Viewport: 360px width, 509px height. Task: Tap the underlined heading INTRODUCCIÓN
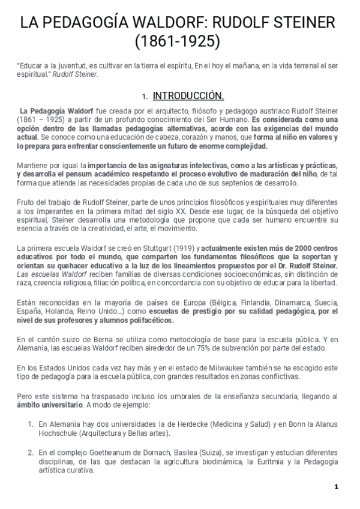[x=188, y=96]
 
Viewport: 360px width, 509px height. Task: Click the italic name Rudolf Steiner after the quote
[x=75, y=74]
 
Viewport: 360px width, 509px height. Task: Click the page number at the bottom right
[x=337, y=487]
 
